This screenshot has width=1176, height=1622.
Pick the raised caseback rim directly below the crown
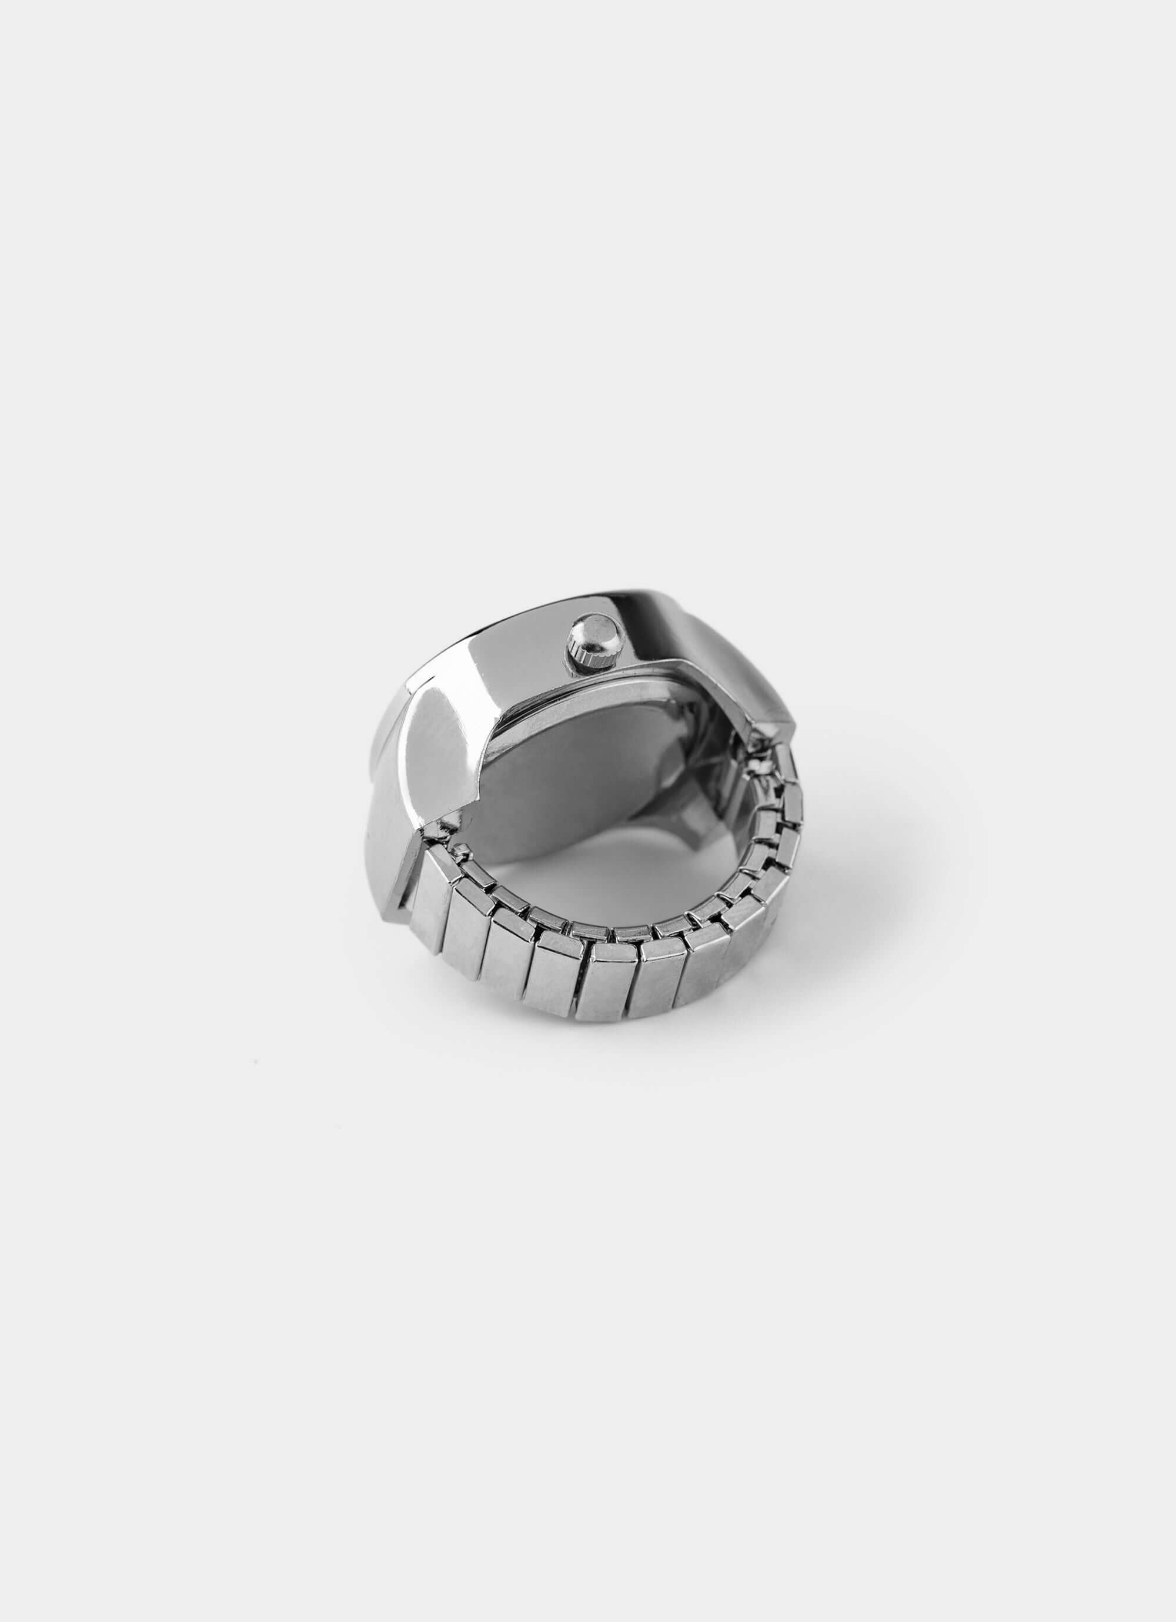(x=608, y=687)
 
